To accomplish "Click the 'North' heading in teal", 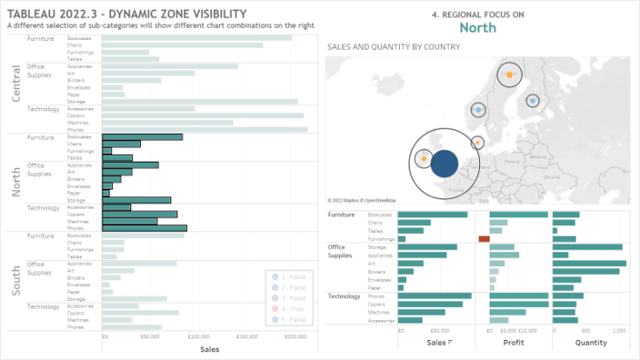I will click(477, 28).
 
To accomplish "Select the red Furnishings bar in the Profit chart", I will click(484, 238).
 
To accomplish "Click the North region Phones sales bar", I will click(144, 229).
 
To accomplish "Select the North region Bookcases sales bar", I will click(143, 137).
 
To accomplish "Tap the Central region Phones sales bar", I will click(204, 130).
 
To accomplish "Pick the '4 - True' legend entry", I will click(288, 309).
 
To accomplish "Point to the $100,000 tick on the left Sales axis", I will click(199, 336).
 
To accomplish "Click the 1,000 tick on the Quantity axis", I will click(619, 330).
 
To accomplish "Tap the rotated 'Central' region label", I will click(16, 83).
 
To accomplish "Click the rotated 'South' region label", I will click(16, 282).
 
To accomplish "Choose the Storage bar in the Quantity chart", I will click(587, 247).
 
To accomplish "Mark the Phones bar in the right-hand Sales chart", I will click(435, 296).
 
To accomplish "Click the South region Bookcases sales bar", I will click(143, 236).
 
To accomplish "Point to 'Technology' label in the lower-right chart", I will click(344, 296).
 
